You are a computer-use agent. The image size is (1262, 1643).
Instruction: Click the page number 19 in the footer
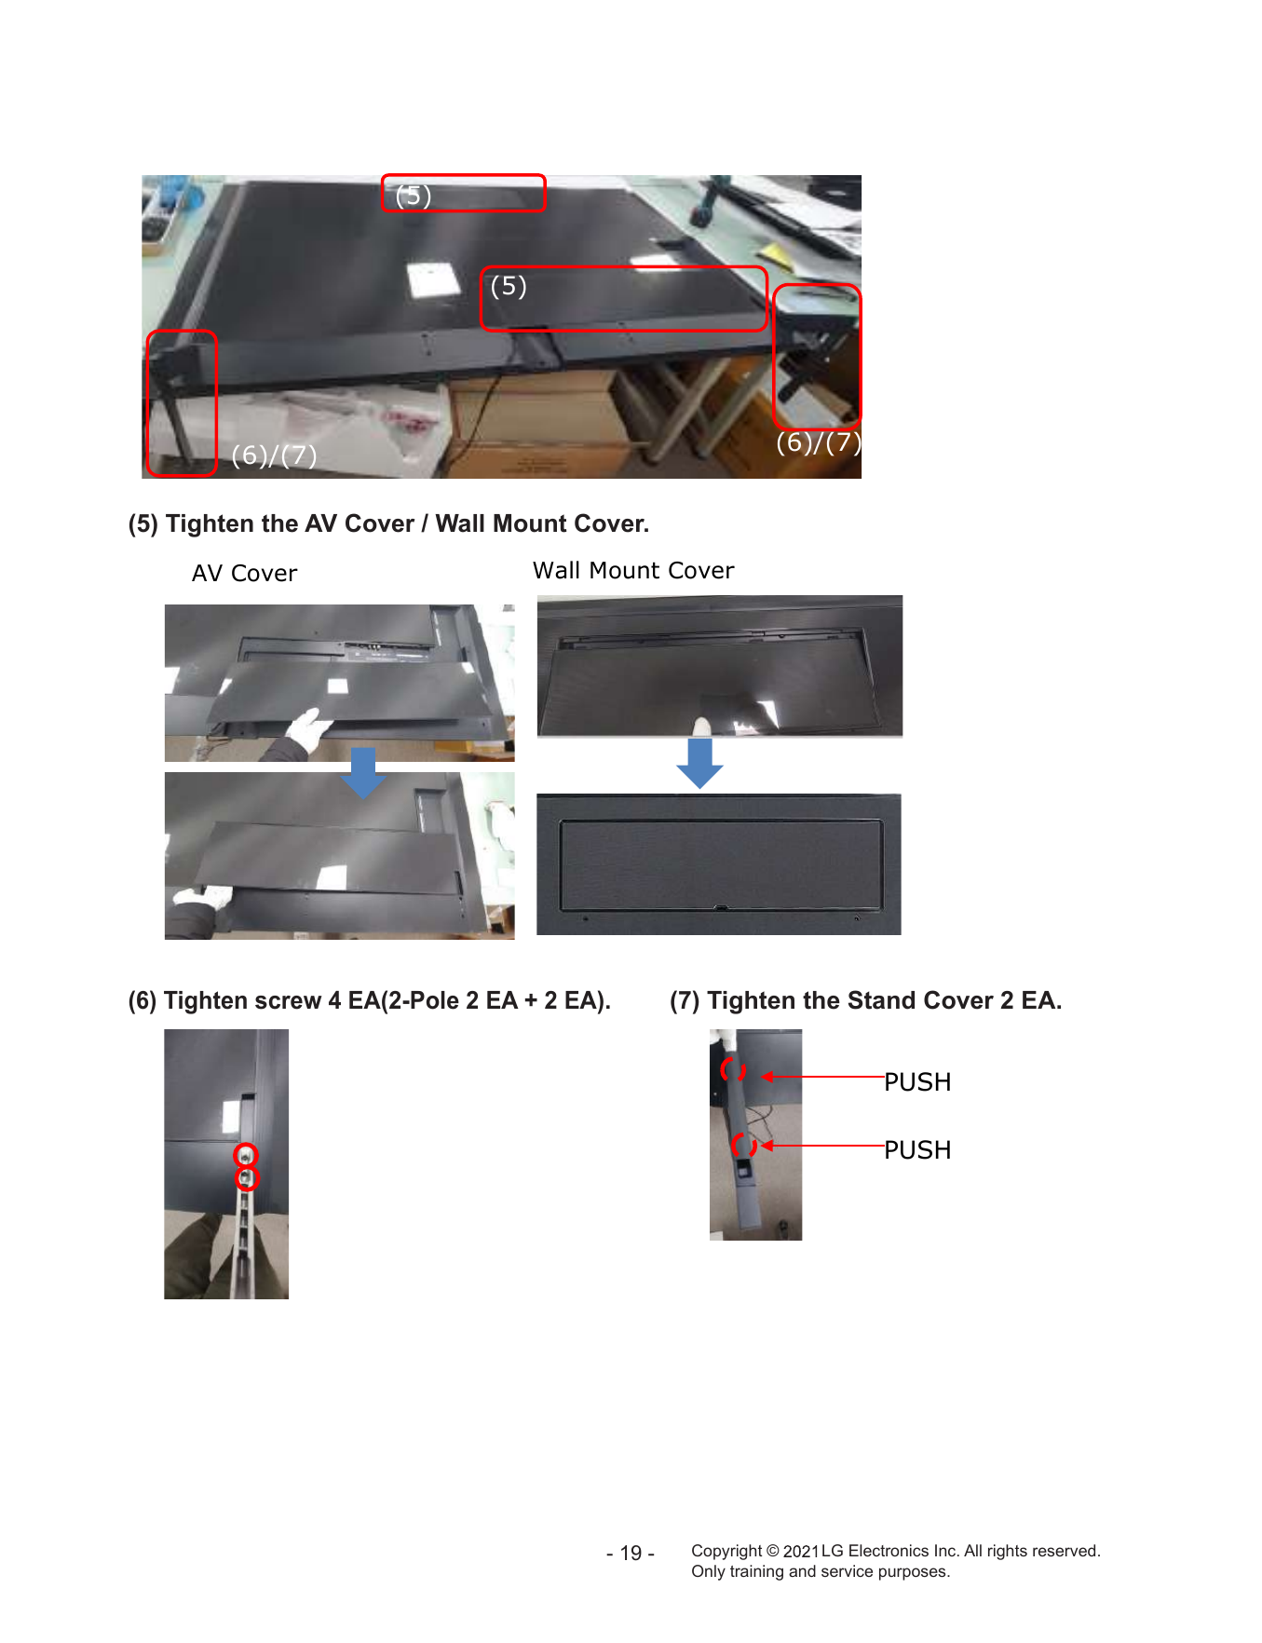pos(631,1553)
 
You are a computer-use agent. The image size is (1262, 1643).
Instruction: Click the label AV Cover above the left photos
pos(244,573)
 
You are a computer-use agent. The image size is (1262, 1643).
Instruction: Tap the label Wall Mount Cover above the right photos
pos(633,570)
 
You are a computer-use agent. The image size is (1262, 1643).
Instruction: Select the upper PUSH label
pos(917,1081)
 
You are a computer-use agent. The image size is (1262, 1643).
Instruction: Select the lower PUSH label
pos(917,1149)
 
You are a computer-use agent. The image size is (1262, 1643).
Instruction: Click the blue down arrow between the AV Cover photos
pos(363,773)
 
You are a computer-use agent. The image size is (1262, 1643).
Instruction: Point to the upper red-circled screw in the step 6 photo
pos(245,1155)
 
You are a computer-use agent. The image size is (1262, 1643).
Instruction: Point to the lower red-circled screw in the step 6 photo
pos(246,1178)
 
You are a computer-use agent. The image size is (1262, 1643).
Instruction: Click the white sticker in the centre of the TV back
pos(434,278)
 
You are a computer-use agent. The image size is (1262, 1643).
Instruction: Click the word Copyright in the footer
pos(726,1551)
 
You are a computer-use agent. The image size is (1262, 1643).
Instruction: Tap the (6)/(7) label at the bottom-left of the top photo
pos(274,455)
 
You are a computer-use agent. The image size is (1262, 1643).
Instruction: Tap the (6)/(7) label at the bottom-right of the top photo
pos(819,441)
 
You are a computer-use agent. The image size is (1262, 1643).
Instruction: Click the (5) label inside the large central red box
pos(509,286)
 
